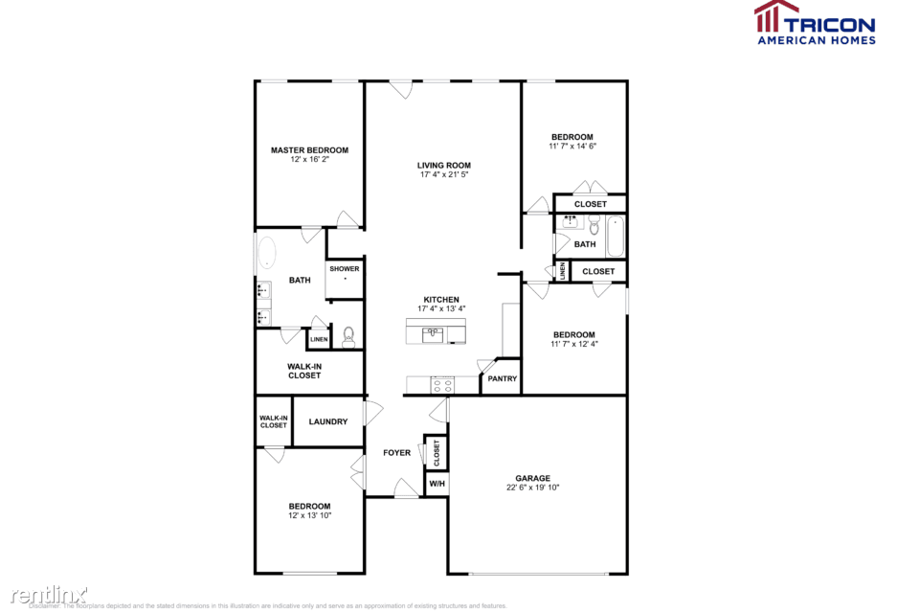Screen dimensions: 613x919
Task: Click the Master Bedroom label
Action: [309, 150]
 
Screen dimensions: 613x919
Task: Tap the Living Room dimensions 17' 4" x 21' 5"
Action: [444, 175]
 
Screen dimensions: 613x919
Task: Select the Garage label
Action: [533, 478]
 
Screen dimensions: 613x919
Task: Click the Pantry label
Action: [503, 379]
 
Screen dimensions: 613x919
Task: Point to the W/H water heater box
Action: [437, 484]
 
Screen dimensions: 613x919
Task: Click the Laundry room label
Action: [327, 421]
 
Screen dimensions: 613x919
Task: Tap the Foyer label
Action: [397, 453]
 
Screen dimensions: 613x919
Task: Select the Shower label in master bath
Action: [345, 269]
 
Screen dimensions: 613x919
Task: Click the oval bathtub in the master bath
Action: [266, 256]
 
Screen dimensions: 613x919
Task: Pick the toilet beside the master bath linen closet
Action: [349, 336]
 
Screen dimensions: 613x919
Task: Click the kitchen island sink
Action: [434, 334]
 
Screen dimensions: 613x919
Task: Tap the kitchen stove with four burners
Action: [442, 385]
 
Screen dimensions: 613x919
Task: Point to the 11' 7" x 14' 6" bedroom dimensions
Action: [572, 147]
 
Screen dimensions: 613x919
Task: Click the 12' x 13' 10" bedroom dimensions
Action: [309, 516]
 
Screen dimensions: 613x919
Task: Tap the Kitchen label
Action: [441, 300]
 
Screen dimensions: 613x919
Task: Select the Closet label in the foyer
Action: [437, 452]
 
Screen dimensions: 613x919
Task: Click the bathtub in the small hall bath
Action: [615, 236]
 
